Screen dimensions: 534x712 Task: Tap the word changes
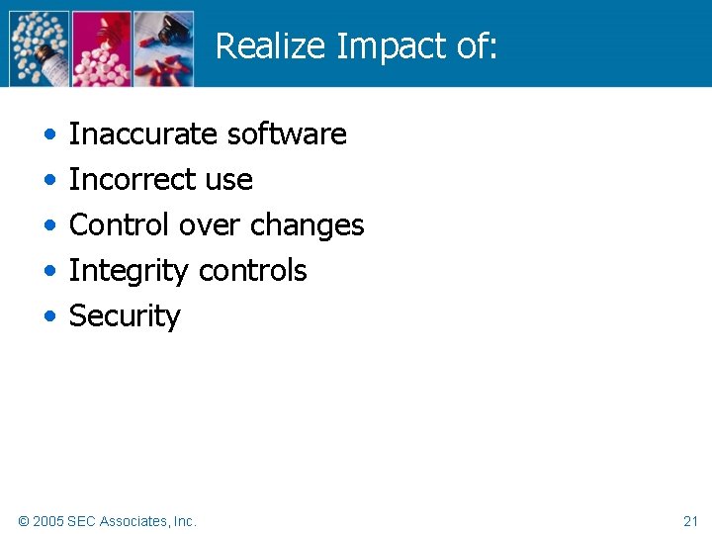coord(307,224)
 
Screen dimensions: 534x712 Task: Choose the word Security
coord(125,316)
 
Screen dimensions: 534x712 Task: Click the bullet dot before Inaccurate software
coord(50,134)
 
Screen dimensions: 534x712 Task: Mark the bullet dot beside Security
coord(50,317)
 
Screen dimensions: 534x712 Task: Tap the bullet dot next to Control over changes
coord(50,225)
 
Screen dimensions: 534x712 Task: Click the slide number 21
coord(690,520)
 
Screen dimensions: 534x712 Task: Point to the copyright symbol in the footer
coord(24,520)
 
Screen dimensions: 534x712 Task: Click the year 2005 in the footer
coord(48,520)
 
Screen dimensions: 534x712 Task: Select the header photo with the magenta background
coord(102,47)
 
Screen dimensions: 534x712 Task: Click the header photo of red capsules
coord(164,47)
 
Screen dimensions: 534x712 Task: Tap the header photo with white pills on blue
coord(40,47)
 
